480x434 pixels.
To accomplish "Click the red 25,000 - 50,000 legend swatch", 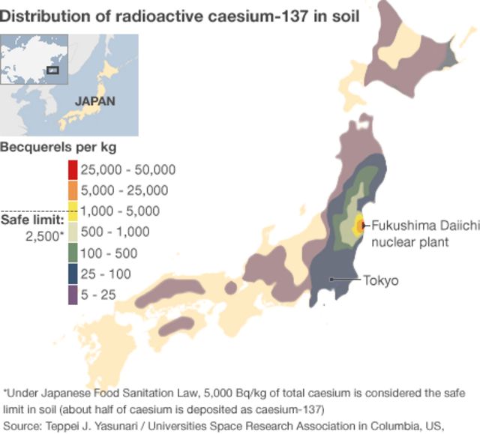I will pos(73,169).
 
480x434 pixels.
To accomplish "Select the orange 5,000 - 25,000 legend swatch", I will pos(73,190).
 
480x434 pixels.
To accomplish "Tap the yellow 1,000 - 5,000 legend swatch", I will pos(73,211).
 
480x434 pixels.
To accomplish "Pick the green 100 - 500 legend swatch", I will pos(73,253).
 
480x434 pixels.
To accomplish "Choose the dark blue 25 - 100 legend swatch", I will pos(73,274).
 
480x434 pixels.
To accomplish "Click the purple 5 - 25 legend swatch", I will pos(73,295).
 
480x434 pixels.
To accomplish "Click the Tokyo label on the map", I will pos(381,281).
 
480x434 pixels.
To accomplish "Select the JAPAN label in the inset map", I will pos(94,100).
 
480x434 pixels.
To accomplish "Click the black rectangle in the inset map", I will pos(52,70).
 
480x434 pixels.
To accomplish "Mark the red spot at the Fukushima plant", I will pos(361,224).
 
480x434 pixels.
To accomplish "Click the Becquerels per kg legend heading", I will pos(58,146).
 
